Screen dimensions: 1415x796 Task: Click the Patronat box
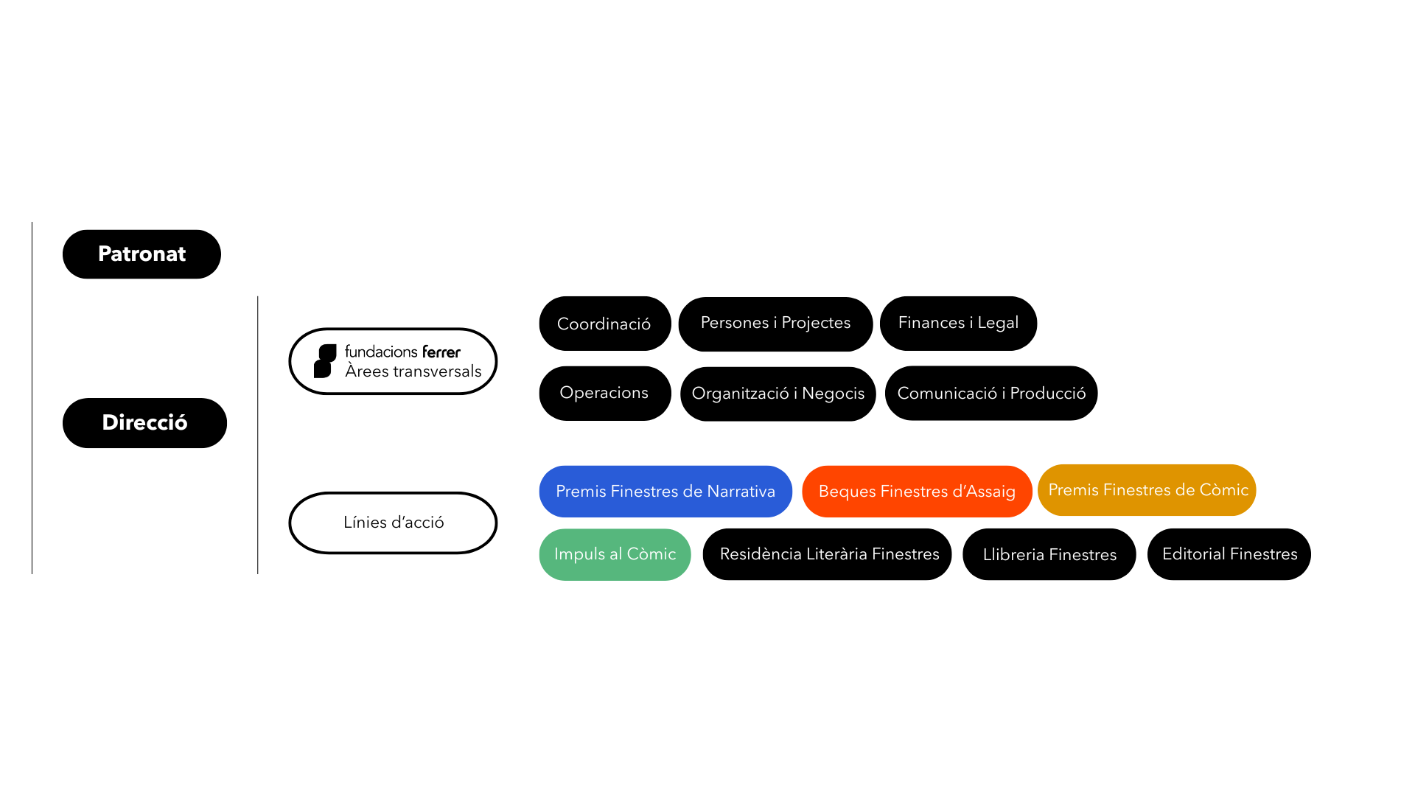[x=141, y=254]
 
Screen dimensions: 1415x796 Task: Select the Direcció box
[x=144, y=423]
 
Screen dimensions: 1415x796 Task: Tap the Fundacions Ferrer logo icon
[x=325, y=361]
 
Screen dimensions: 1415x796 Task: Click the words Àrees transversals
[x=413, y=371]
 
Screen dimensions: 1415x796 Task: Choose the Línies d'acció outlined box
[x=393, y=523]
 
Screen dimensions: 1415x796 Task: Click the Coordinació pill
[x=605, y=324]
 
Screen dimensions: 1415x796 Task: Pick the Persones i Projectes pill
[x=775, y=324]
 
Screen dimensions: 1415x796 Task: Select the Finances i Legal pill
[x=958, y=324]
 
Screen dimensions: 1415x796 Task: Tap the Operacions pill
[x=605, y=394]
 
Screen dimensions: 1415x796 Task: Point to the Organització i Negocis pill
[x=778, y=394]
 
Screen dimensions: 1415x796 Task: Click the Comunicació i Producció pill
[x=991, y=394]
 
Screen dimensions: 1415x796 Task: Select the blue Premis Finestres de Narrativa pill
[x=665, y=492]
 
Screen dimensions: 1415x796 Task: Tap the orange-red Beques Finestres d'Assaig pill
[x=917, y=492]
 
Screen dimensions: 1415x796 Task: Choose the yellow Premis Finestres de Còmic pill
[x=1147, y=490]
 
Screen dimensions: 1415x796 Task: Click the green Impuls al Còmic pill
[x=615, y=555]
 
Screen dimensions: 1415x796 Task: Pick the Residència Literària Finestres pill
[x=827, y=554]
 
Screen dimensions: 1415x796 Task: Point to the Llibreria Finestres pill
[x=1049, y=554]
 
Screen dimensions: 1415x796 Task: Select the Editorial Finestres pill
[x=1229, y=554]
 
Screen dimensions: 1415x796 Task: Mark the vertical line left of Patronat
[x=32, y=398]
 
